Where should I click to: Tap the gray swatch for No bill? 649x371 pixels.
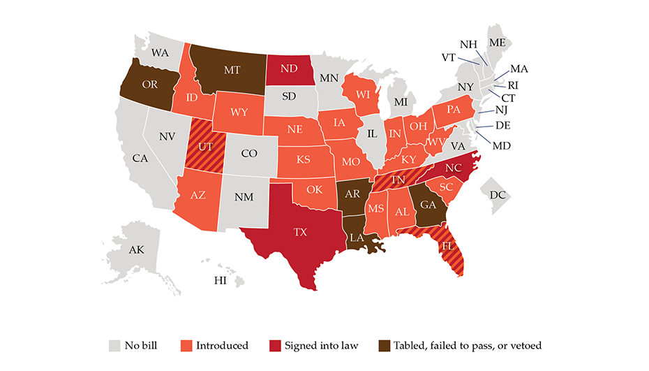114,345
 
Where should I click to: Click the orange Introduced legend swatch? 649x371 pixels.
184,345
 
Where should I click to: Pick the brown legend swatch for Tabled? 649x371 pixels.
382,345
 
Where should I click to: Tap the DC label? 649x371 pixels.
498,195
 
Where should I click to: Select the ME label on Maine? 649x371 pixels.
498,43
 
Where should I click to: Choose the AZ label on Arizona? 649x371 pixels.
197,195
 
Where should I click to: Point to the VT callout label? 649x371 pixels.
450,57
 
